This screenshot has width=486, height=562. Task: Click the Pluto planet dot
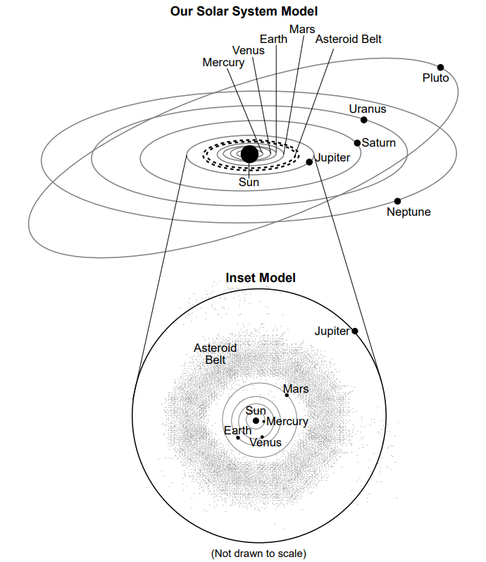pos(440,68)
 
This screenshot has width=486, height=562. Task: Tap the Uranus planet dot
pos(364,120)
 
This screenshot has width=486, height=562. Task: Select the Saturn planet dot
pos(357,143)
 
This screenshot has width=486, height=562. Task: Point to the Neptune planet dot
pos(397,201)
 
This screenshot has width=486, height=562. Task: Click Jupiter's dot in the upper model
pos(309,162)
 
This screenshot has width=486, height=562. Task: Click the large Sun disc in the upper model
pos(249,154)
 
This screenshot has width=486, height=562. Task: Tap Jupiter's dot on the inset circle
pos(355,331)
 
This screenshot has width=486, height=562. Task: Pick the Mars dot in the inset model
pos(287,395)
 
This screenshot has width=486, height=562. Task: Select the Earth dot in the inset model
pos(238,438)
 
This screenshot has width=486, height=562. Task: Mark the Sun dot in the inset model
pos(256,420)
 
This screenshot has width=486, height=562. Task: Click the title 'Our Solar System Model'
pos(244,11)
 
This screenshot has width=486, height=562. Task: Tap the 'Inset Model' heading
pos(261,278)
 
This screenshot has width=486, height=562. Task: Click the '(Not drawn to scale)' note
pos(258,554)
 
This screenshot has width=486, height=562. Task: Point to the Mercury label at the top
pos(223,62)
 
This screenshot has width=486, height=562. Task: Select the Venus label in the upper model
pos(248,50)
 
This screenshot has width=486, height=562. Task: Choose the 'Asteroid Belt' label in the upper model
pos(348,39)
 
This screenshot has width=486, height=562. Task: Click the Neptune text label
pos(409,212)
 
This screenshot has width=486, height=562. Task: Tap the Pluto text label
pos(435,78)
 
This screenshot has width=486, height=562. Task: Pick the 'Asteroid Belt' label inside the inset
pos(216,354)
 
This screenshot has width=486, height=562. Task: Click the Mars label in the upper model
pos(302,29)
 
